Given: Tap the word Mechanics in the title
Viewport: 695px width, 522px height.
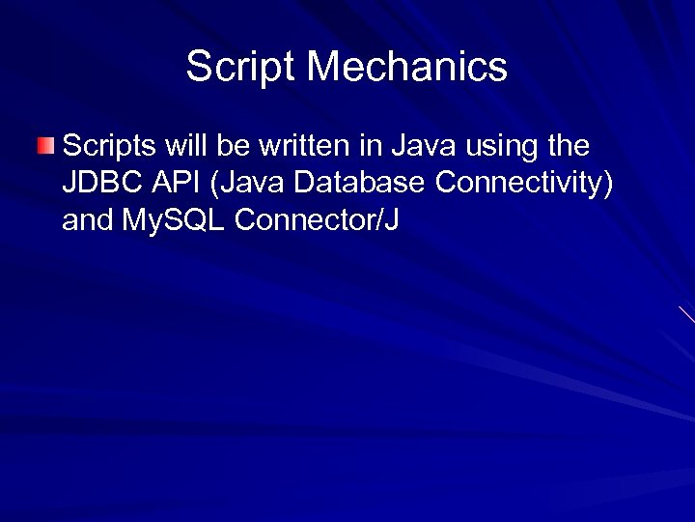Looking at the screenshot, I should [408, 67].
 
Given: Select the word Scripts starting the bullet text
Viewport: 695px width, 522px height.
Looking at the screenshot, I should [108, 147].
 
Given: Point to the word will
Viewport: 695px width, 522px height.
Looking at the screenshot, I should [186, 146].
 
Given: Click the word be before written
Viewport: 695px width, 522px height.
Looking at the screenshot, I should [232, 146].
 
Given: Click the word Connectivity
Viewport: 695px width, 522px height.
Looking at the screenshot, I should [516, 184].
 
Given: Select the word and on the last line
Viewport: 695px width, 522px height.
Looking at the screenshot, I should [88, 220].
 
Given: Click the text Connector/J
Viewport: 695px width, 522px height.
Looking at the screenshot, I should [317, 220].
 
